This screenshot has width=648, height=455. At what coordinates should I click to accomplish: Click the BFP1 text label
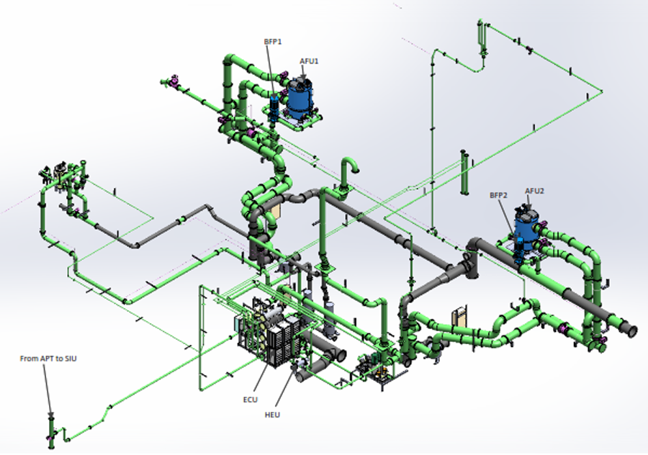click(x=273, y=42)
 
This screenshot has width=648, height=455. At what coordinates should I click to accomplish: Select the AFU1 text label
click(x=309, y=62)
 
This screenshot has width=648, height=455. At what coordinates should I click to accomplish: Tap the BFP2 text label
click(x=498, y=195)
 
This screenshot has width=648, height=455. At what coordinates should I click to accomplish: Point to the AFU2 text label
click(x=534, y=191)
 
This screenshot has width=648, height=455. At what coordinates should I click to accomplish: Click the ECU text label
click(x=251, y=400)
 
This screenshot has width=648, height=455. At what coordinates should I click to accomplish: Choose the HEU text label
click(x=272, y=415)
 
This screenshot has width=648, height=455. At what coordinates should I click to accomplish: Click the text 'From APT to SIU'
click(x=48, y=359)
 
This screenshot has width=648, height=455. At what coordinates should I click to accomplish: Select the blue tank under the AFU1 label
click(x=300, y=98)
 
